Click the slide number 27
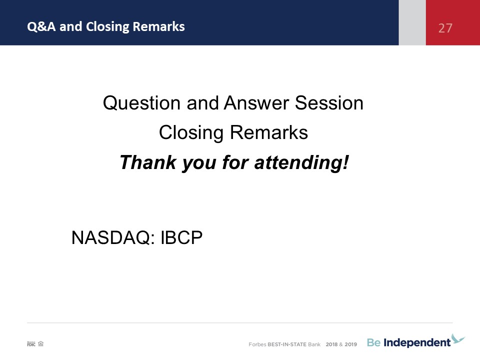(x=445, y=28)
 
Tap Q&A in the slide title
(x=41, y=26)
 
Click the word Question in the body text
(x=141, y=103)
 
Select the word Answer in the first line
(x=256, y=103)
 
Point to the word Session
(x=329, y=103)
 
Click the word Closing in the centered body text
(x=191, y=133)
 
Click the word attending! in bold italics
(x=301, y=163)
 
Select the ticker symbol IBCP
(x=181, y=237)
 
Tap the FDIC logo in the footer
(x=31, y=344)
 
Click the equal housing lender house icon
(x=40, y=344)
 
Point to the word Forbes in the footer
(x=257, y=344)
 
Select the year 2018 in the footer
(x=331, y=344)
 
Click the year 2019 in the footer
(x=351, y=344)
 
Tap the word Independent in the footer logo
(x=417, y=343)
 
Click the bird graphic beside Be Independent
(x=458, y=338)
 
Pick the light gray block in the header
(x=412, y=22)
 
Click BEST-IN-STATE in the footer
(x=287, y=344)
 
